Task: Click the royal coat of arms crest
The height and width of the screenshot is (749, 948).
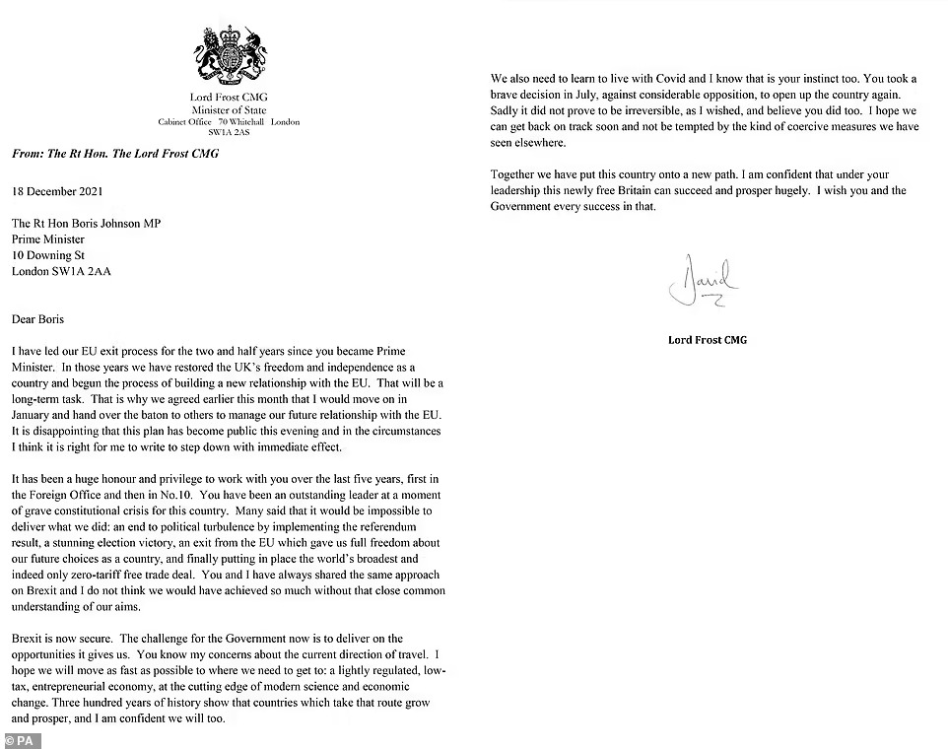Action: click(230, 54)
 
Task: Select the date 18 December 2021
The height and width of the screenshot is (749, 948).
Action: click(57, 191)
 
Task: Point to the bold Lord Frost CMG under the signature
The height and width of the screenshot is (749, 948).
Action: click(707, 340)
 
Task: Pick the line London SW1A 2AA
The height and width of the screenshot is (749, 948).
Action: click(62, 271)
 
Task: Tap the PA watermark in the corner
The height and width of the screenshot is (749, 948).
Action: click(21, 739)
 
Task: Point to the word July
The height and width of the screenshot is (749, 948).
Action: click(604, 95)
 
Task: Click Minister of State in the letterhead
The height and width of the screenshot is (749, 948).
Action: click(229, 109)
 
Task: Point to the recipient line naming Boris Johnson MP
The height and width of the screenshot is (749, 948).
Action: click(87, 224)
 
